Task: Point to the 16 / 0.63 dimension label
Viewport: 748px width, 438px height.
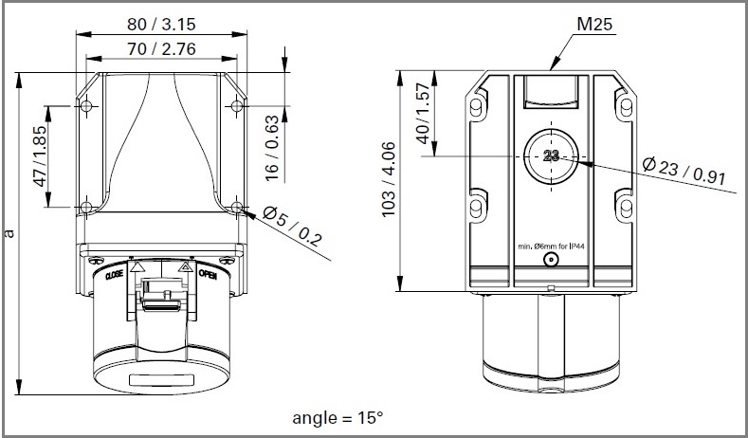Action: click(x=273, y=151)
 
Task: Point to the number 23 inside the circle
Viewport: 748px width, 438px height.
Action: click(x=553, y=157)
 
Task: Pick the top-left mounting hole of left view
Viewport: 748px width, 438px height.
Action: click(x=87, y=104)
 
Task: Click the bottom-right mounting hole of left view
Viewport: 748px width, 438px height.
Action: click(x=236, y=207)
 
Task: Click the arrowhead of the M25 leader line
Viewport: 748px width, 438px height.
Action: click(x=552, y=68)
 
